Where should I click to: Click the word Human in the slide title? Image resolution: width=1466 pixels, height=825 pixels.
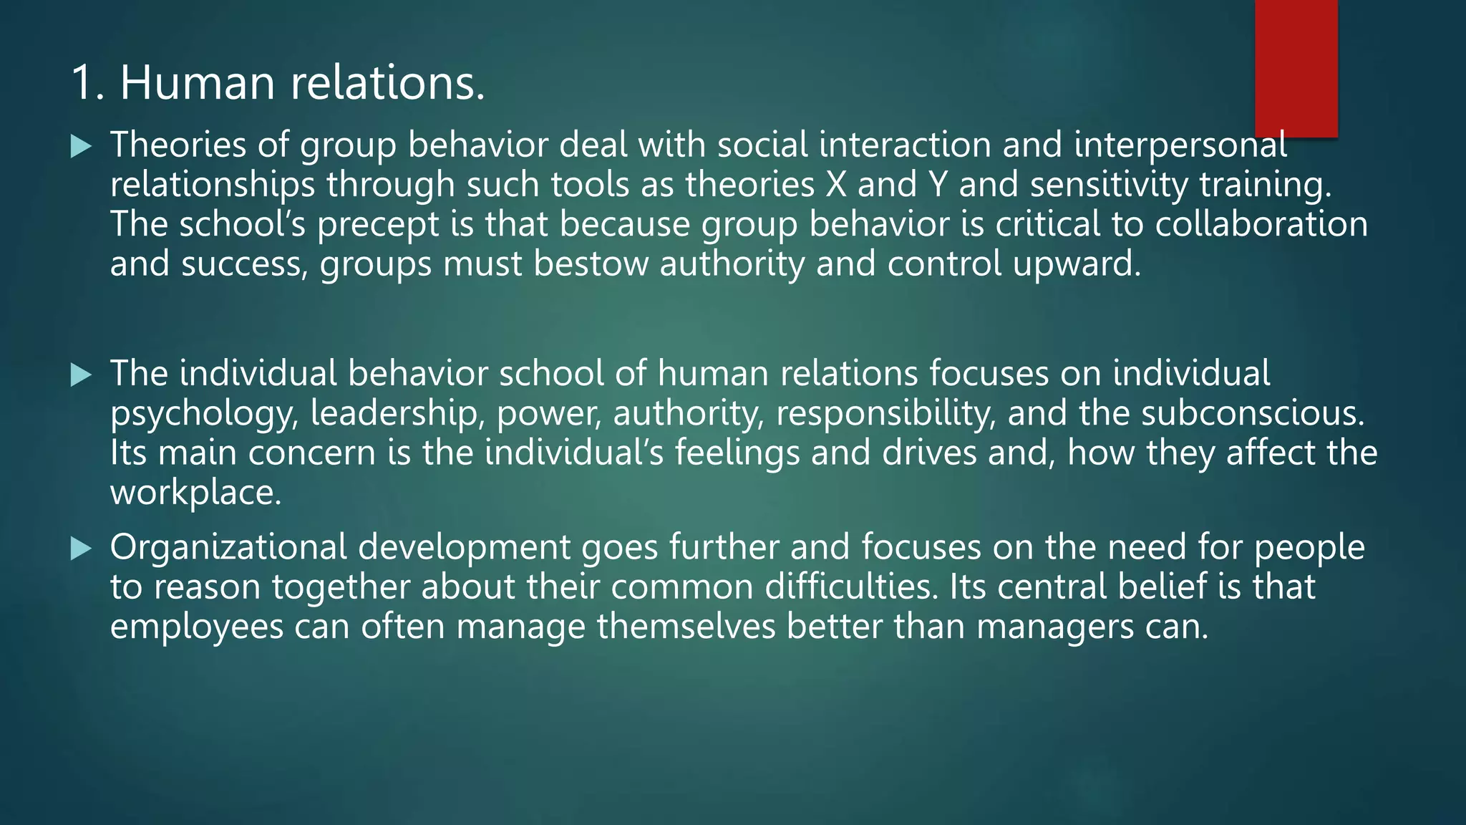(198, 82)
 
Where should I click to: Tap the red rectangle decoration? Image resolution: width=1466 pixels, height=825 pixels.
(1296, 68)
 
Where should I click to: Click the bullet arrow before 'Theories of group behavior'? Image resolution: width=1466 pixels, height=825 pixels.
(82, 148)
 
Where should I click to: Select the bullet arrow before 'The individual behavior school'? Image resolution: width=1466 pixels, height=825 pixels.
(82, 375)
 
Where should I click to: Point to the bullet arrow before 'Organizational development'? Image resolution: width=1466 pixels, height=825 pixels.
(82, 549)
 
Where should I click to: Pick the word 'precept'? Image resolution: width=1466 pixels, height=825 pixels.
(377, 225)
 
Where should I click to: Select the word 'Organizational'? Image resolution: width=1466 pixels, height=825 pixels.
(228, 548)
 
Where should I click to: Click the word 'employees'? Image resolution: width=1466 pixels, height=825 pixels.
(197, 627)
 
